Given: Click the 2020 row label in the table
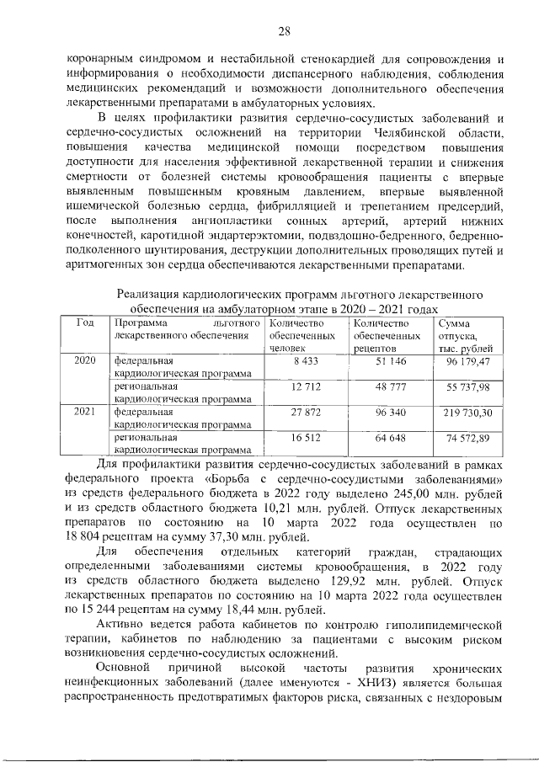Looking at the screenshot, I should [86, 360].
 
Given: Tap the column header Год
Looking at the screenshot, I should [85, 323].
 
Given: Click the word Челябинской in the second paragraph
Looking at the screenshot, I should [404, 134].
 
